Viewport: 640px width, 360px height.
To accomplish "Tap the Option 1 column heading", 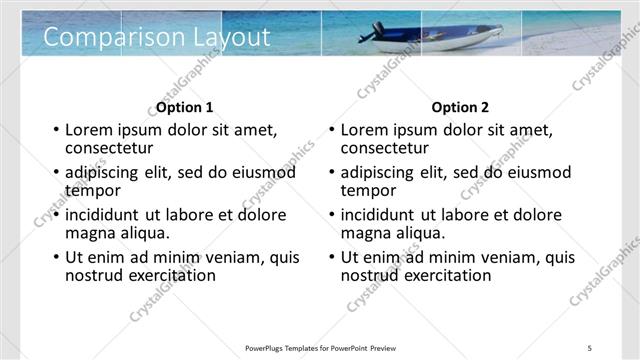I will (x=185, y=107).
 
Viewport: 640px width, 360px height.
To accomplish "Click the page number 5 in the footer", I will (x=589, y=348).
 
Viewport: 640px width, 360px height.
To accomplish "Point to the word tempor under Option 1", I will (x=92, y=190).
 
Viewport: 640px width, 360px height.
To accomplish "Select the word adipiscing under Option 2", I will (x=379, y=173).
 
